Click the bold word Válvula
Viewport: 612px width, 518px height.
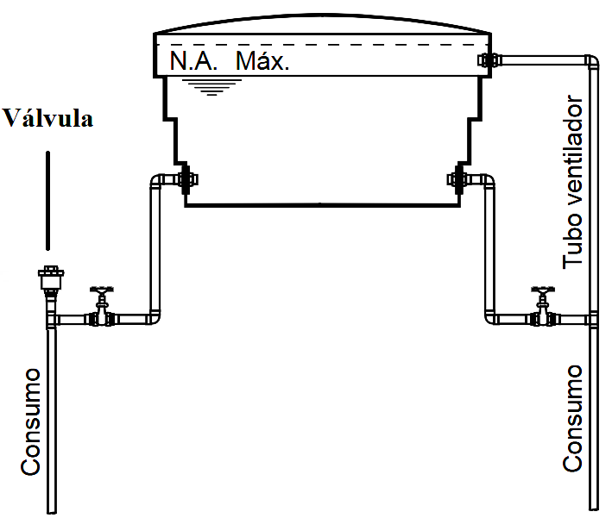coord(47,118)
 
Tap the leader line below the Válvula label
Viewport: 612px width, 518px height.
coord(48,200)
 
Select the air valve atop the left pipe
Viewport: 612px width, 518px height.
coord(51,278)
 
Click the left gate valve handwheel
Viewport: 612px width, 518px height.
coord(102,290)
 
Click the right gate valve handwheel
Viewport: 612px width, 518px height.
coord(543,290)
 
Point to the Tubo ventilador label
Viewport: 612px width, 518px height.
coord(572,182)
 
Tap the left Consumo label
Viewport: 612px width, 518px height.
coord(30,421)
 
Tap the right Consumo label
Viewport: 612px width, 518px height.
coord(572,418)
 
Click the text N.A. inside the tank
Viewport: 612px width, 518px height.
coord(193,61)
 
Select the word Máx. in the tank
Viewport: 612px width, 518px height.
coord(262,61)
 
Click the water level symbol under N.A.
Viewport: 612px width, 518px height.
coord(212,87)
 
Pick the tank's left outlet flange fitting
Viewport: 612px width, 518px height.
coord(186,179)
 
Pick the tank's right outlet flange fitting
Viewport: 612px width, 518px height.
coord(458,179)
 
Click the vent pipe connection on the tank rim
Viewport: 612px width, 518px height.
coord(488,60)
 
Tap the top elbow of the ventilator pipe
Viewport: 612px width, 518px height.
coord(591,61)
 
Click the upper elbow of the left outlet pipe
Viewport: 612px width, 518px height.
coord(157,182)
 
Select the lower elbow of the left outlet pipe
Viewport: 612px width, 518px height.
coord(154,318)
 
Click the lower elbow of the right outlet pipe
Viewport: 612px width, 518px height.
coord(491,318)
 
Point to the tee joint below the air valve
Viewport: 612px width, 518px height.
coord(52,321)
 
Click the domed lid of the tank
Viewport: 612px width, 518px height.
coord(322,23)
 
